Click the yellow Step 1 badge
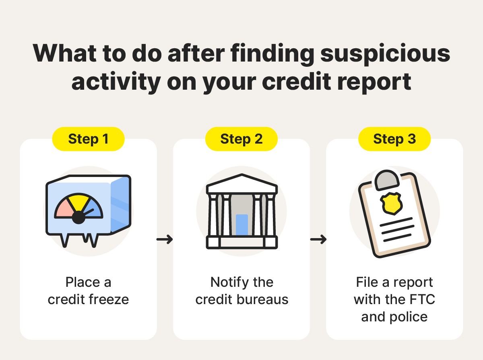pos(88,139)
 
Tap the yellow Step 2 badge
pos(241,139)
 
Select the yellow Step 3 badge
pos(394,139)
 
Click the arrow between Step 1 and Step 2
pos(164,240)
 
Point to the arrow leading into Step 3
pos(318,240)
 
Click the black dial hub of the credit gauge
pos(78,218)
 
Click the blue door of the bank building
pos(242,225)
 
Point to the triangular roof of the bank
pos(242,183)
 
